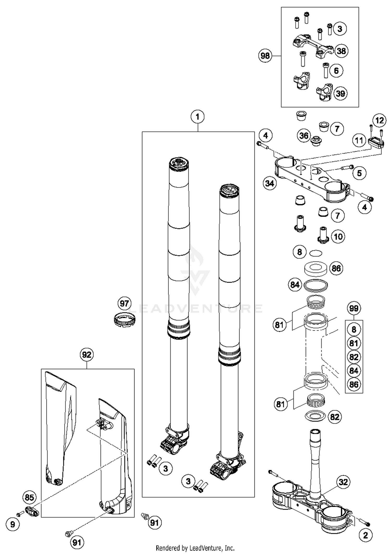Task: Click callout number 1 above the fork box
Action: (197, 117)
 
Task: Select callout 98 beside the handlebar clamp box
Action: (265, 56)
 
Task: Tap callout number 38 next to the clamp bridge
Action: (341, 51)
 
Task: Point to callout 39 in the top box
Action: (340, 93)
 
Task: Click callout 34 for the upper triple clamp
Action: (270, 183)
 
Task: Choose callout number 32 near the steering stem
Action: (343, 482)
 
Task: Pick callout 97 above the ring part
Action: (124, 303)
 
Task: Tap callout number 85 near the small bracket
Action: (29, 498)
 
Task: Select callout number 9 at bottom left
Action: (13, 524)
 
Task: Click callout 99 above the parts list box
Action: (354, 308)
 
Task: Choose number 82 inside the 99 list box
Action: (354, 357)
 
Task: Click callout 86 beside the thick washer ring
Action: (336, 268)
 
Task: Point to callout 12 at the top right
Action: (379, 120)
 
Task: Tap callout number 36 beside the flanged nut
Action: (304, 136)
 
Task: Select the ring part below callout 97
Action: (125, 319)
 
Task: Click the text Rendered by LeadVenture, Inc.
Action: (195, 548)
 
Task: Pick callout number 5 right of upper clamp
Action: (359, 173)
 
